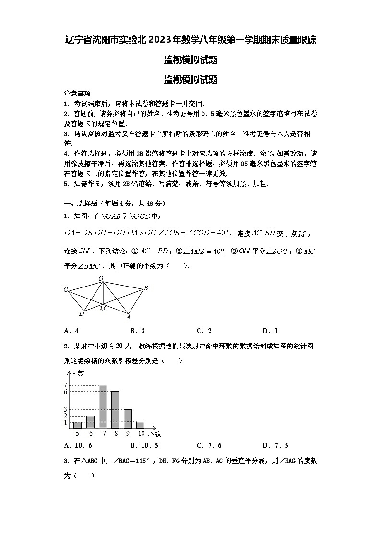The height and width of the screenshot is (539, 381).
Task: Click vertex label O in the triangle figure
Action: tap(101, 278)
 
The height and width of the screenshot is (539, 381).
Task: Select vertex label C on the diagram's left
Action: tap(66, 289)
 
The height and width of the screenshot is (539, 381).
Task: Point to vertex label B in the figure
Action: tap(145, 288)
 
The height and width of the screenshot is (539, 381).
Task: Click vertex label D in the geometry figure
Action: tap(81, 313)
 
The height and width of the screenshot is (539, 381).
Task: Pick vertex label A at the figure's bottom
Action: tap(128, 317)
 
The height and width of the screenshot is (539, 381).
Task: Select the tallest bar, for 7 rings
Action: tap(103, 406)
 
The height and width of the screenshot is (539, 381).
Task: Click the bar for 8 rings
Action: tap(115, 409)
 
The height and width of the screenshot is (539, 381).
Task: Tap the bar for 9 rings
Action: tap(128, 419)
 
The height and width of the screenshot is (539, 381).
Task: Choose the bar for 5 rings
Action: tap(77, 425)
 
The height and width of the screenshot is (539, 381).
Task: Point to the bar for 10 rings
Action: tap(140, 425)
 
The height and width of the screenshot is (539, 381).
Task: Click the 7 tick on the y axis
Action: tap(66, 385)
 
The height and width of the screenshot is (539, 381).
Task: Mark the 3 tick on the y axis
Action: tap(66, 409)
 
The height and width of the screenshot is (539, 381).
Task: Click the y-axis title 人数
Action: tap(77, 372)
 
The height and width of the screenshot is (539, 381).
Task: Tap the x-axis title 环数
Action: tap(155, 433)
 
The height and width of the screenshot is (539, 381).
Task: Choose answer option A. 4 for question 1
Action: tap(71, 331)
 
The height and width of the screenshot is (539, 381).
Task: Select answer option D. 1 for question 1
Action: tap(270, 331)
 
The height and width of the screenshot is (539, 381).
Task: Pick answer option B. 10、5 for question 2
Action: tap(144, 445)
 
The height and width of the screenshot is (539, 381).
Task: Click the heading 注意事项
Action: tap(77, 94)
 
